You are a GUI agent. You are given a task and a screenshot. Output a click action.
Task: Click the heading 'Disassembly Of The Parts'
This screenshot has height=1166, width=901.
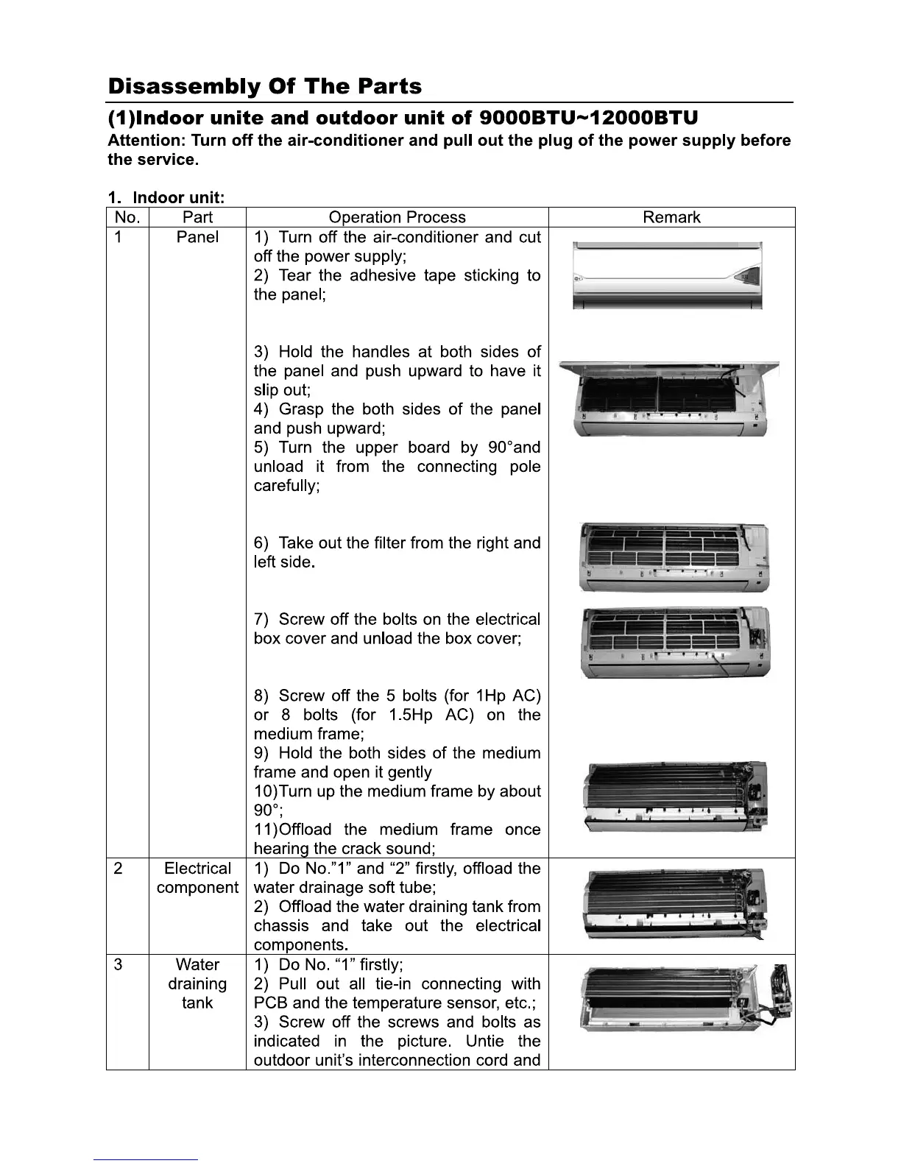[x=264, y=87]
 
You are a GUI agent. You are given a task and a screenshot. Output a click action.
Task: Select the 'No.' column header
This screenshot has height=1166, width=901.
[x=127, y=217]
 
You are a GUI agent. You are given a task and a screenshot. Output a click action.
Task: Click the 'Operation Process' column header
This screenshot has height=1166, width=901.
[x=397, y=217]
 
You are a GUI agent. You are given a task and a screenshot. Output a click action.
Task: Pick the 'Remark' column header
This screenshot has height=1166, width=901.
[x=671, y=217]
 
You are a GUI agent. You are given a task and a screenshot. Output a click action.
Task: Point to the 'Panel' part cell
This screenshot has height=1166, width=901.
[x=197, y=237]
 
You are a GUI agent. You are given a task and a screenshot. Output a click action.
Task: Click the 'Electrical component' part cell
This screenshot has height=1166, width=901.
[x=197, y=878]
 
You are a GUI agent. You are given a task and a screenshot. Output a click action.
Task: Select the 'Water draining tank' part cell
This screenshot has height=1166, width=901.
[x=197, y=983]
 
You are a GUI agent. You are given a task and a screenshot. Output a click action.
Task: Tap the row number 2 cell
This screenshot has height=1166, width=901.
[x=119, y=869]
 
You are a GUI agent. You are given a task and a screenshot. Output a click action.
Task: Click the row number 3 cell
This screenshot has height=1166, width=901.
[x=119, y=964]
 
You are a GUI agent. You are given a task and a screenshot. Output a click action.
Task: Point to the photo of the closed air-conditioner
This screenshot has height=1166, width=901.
[x=667, y=276]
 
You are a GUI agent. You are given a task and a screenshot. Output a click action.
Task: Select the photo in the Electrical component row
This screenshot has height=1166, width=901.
[x=674, y=905]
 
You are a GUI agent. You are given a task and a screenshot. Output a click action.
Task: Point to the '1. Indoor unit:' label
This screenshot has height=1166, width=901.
[x=166, y=197]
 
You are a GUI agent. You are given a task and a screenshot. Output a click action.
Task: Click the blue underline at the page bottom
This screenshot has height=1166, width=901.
[x=146, y=1159]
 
